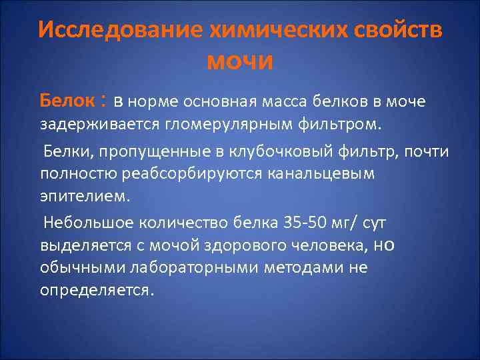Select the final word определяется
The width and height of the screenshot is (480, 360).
(x=97, y=291)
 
